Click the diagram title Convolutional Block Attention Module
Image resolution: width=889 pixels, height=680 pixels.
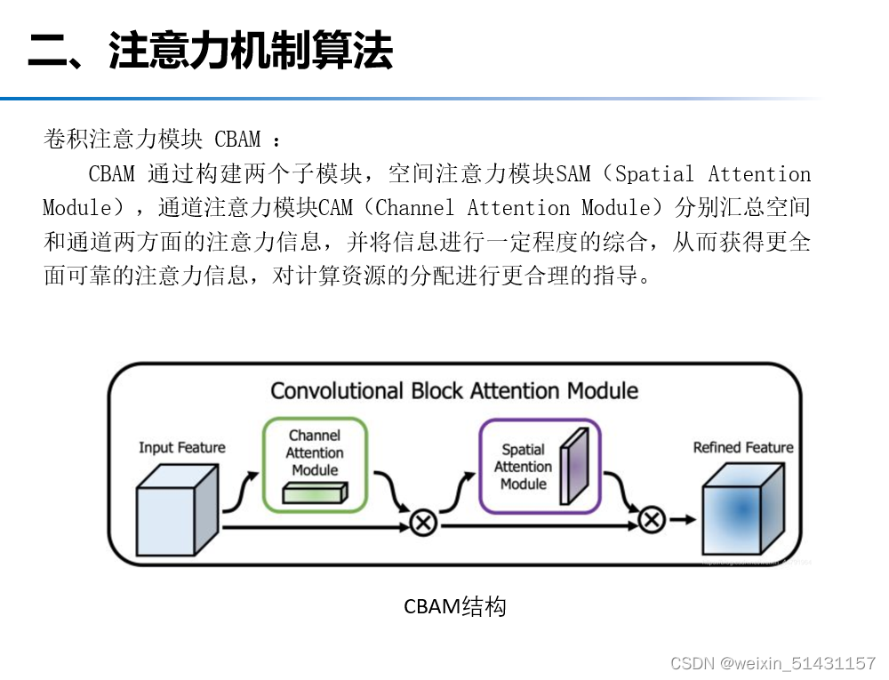[453, 391]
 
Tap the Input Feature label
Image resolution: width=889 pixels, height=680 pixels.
[182, 447]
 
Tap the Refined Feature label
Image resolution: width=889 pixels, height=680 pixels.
[743, 447]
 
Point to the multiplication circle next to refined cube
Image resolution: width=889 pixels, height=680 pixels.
[652, 520]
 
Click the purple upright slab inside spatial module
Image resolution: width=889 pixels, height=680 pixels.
[573, 463]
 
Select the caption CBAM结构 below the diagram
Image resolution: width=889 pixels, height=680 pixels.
[454, 607]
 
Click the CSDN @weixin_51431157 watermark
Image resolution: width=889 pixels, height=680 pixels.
[772, 663]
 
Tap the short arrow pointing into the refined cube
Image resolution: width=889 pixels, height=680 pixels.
[683, 520]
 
